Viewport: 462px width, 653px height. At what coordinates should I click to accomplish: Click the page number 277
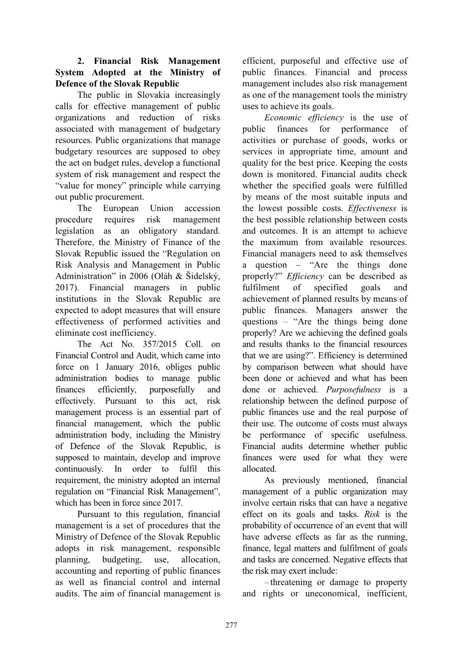tap(231, 626)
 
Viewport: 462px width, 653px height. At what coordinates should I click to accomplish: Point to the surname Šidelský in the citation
tap(202, 276)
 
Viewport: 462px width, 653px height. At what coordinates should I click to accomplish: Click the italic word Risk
tap(372, 514)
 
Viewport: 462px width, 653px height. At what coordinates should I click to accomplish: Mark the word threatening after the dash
tap(289, 582)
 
